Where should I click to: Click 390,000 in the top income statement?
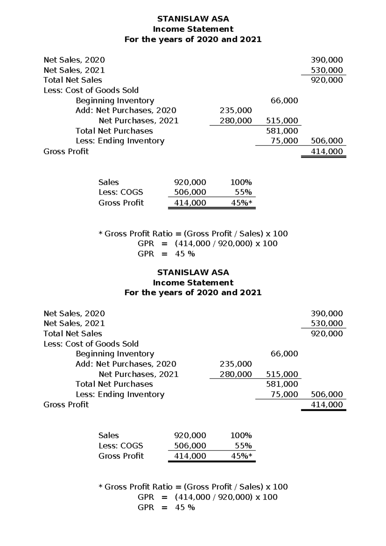(326, 60)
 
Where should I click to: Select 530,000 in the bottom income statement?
(326, 323)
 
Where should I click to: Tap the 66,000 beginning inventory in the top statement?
(284, 100)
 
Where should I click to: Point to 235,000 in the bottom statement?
(235, 364)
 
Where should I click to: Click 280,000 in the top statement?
(235, 121)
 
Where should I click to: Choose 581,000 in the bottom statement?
(282, 384)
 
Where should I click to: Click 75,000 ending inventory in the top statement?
(284, 141)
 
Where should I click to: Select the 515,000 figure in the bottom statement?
(282, 374)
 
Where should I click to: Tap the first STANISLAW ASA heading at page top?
(193, 19)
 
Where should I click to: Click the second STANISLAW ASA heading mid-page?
(193, 272)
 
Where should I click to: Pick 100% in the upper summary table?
(241, 182)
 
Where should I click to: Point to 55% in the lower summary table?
(243, 446)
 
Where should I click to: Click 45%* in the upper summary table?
(242, 203)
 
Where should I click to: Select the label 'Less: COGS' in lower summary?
(121, 446)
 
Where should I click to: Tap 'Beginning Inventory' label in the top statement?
(115, 100)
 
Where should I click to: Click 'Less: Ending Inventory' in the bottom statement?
(120, 394)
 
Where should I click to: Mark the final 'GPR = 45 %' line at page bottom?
(166, 507)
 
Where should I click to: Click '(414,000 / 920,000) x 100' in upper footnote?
(226, 243)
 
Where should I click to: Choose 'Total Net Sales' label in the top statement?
(73, 80)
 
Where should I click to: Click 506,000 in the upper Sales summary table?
(190, 192)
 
